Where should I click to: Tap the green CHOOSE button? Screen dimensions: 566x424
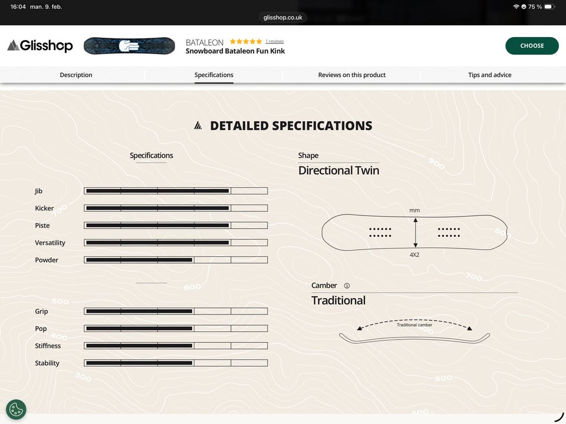pos(532,46)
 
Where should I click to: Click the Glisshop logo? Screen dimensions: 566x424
pos(40,46)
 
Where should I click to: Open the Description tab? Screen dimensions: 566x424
pos(76,75)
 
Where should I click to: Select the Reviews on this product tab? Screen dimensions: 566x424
pos(351,75)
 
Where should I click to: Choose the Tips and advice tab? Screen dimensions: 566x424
pos(489,75)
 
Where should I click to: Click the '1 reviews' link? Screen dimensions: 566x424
pos(274,41)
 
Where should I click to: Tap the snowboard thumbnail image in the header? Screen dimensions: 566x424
pos(129,46)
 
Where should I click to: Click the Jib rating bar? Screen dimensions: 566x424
pos(176,191)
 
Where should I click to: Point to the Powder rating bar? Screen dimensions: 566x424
pos(176,260)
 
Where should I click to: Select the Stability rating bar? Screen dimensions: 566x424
pos(176,363)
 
